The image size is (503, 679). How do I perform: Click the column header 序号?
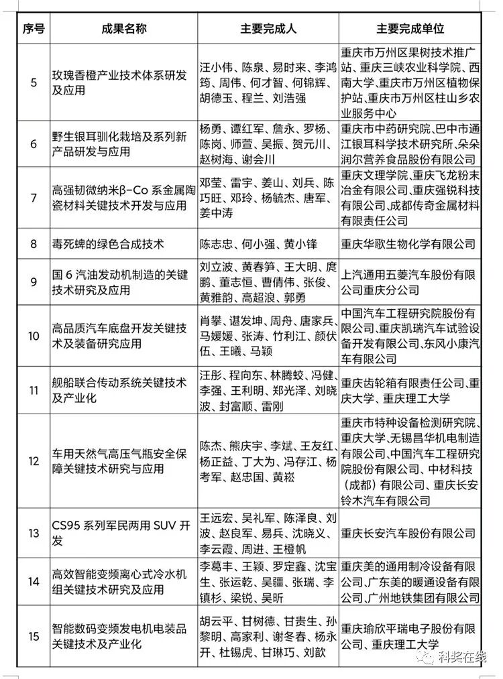(34, 29)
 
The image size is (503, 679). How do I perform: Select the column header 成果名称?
(124, 29)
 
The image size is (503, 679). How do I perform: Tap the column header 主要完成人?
(268, 29)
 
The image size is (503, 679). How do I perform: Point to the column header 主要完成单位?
(410, 29)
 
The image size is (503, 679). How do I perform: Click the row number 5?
(34, 83)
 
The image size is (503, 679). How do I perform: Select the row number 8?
(34, 243)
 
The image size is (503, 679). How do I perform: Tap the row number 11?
(34, 390)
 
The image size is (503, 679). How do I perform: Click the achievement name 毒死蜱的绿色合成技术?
(108, 243)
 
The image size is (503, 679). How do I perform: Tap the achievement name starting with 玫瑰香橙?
(120, 83)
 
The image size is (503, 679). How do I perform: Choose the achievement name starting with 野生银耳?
(120, 143)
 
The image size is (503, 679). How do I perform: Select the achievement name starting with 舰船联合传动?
(120, 390)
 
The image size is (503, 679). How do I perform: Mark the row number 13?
(34, 534)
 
